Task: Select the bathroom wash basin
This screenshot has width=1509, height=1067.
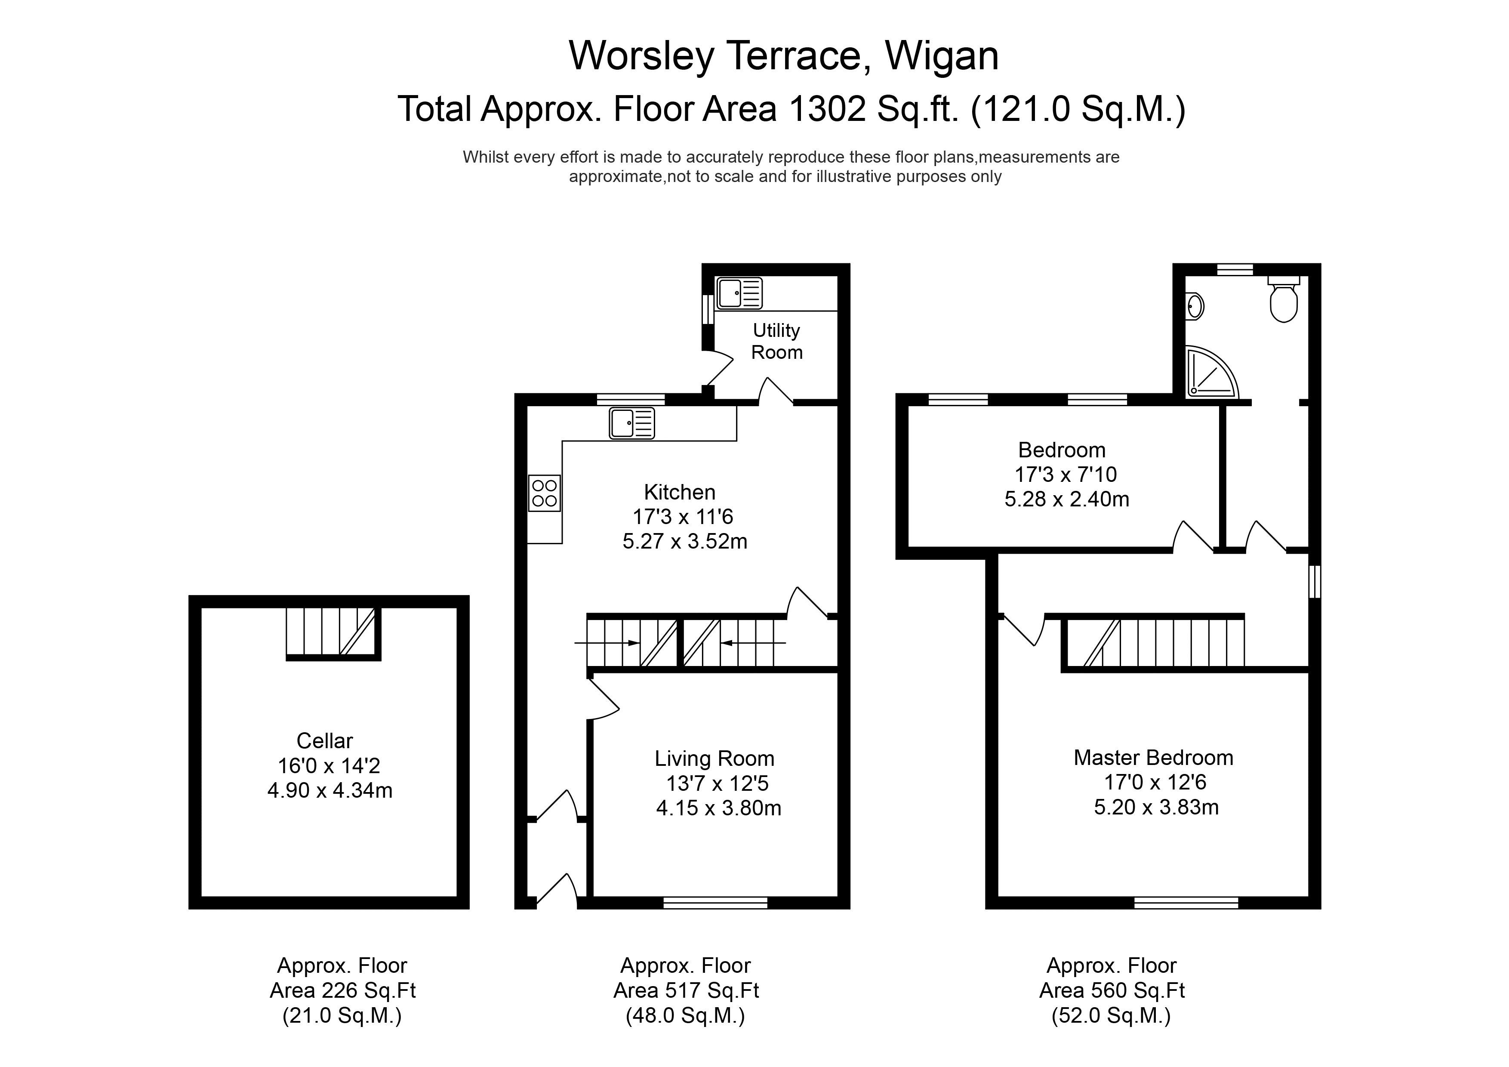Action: click(1195, 306)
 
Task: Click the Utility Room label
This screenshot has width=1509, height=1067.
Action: click(777, 341)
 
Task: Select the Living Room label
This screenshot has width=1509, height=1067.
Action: click(714, 759)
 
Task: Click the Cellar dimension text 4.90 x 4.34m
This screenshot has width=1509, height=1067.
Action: click(330, 790)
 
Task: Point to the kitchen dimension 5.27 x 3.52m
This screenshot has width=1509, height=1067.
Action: click(685, 541)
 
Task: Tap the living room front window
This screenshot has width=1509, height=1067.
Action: click(716, 904)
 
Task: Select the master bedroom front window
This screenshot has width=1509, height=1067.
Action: click(1186, 904)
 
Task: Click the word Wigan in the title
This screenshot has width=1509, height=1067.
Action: click(942, 56)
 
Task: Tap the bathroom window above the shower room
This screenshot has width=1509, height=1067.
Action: click(1235, 269)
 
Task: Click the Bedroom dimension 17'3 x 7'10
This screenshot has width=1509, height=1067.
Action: click(1066, 475)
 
